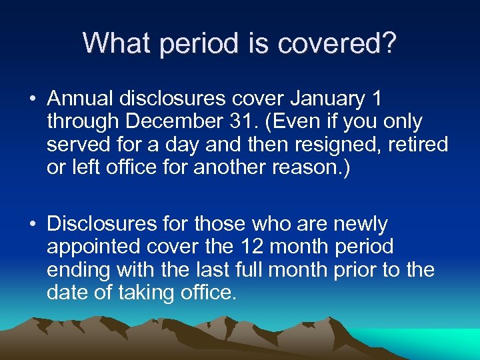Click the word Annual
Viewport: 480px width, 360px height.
tap(81, 99)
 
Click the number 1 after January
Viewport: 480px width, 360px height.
tap(377, 99)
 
